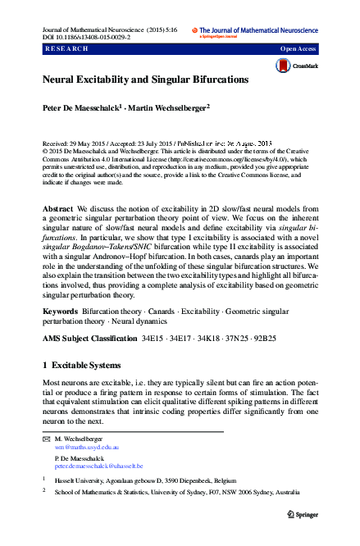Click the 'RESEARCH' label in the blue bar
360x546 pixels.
pos(65,49)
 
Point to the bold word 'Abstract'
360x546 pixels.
pos(58,210)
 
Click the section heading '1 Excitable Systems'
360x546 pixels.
pos(81,365)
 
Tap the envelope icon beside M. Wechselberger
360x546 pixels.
pos(46,440)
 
